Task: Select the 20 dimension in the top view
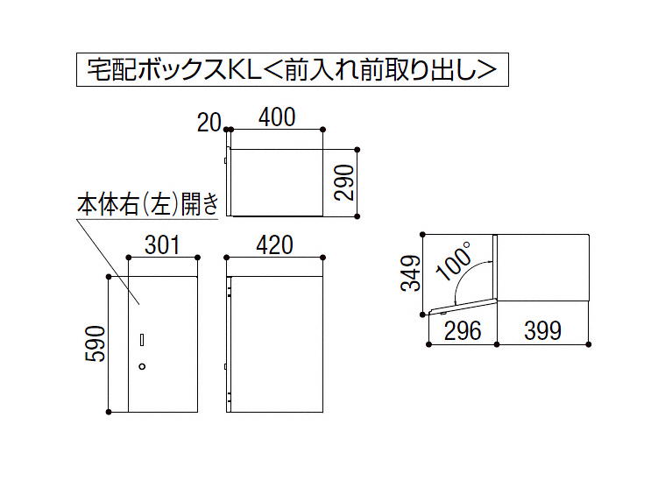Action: click(x=209, y=123)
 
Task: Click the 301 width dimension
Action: click(x=162, y=245)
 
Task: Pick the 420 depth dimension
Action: click(x=274, y=245)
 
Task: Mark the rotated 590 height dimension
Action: click(x=96, y=343)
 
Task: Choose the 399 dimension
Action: click(x=542, y=330)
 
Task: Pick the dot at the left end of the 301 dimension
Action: click(x=129, y=258)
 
